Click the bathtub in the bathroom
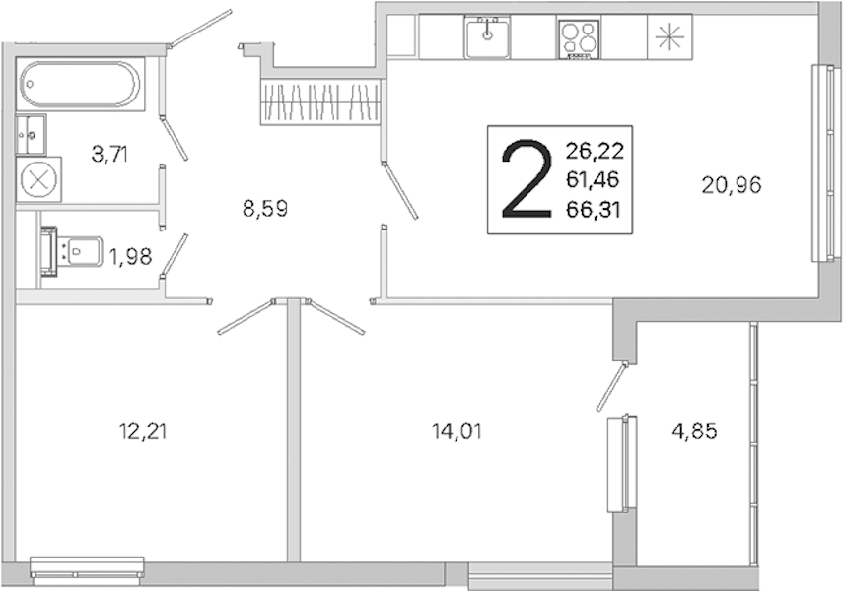point(80,84)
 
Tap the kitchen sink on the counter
point(487,36)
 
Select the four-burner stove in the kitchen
point(579,37)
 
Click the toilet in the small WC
point(72,251)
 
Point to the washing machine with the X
point(38,179)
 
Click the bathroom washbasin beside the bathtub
point(32,134)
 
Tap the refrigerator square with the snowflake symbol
point(669,36)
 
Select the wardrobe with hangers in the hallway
point(320,101)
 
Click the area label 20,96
point(732,185)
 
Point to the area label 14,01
point(457,430)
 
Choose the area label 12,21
point(142,430)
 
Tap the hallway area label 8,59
point(265,209)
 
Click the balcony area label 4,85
point(694,430)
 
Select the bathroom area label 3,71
point(109,155)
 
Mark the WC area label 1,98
point(131,257)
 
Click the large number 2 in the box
point(527,179)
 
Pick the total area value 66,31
point(594,210)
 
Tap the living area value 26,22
point(595,151)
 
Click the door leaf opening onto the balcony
point(612,387)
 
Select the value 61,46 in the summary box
point(593,180)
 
